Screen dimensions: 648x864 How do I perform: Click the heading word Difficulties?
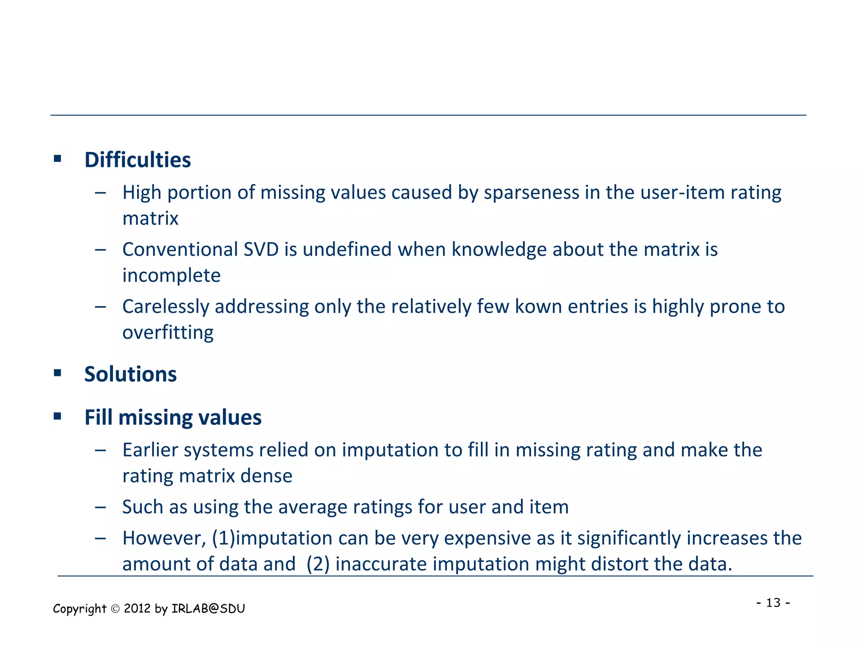pyautogui.click(x=138, y=160)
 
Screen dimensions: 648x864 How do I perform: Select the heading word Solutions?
pyautogui.click(x=130, y=374)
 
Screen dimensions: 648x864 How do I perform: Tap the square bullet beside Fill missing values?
pyautogui.click(x=58, y=417)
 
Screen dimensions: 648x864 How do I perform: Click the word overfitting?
pyautogui.click(x=168, y=333)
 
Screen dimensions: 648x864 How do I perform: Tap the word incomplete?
pyautogui.click(x=171, y=276)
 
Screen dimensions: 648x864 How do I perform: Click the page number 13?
pyautogui.click(x=773, y=602)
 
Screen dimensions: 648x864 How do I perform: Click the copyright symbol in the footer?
pyautogui.click(x=115, y=609)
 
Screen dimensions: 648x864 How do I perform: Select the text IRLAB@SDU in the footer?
pyautogui.click(x=208, y=609)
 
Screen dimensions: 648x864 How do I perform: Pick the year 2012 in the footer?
pyautogui.click(x=138, y=609)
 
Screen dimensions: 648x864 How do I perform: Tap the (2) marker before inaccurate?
pyautogui.click(x=318, y=564)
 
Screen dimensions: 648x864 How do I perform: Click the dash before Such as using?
pyautogui.click(x=100, y=507)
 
